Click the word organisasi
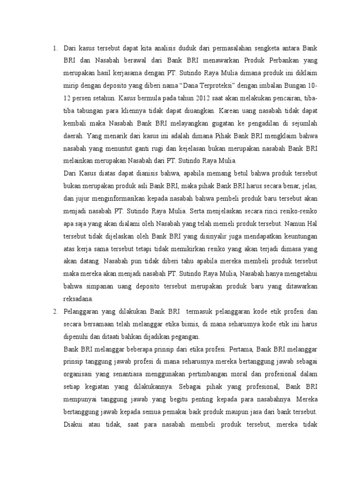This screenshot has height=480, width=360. pyautogui.click(x=78, y=376)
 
